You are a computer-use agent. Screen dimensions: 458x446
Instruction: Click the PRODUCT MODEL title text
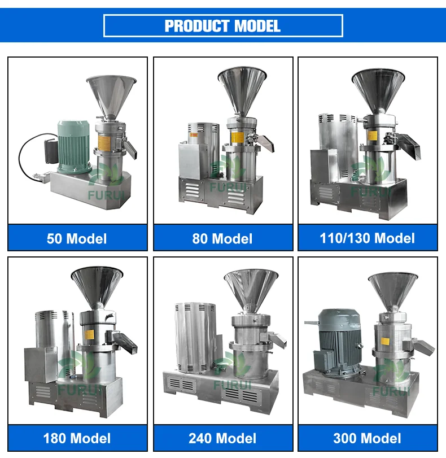click(x=222, y=25)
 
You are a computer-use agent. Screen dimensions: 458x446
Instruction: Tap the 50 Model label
click(x=77, y=238)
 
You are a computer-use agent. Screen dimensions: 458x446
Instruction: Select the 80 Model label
click(x=222, y=238)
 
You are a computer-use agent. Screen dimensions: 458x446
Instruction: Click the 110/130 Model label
click(x=368, y=238)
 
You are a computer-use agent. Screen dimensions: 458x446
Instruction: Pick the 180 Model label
click(x=77, y=438)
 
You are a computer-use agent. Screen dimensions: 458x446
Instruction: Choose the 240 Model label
click(x=222, y=438)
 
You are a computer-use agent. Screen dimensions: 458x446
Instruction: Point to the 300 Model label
click(x=368, y=438)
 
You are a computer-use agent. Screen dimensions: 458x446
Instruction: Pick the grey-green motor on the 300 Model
click(x=337, y=342)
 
